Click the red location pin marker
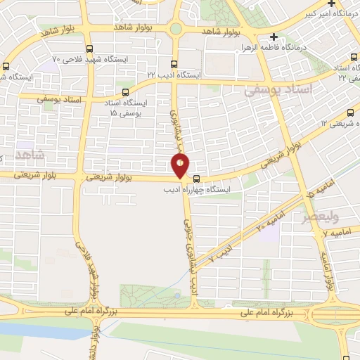click(180, 165)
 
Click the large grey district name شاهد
click(30, 154)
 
